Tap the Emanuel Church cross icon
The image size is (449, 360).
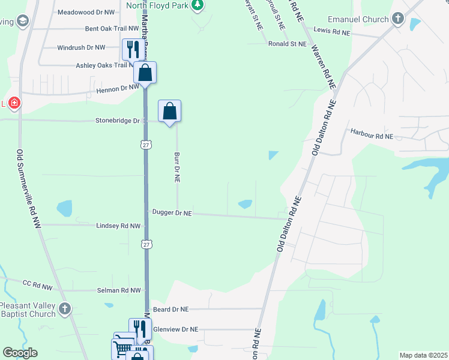point(397,19)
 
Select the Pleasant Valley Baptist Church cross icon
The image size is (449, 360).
point(65,310)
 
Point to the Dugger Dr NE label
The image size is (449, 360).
point(172,213)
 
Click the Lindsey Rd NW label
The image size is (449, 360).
point(118,226)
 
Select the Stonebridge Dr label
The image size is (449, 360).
point(118,121)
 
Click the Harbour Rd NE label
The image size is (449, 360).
point(372,136)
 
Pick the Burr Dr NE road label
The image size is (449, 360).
point(177,167)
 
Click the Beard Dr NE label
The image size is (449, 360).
point(171,309)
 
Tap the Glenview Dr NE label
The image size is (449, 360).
point(176,329)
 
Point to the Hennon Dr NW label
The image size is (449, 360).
point(117,88)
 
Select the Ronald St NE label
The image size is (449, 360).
point(288,44)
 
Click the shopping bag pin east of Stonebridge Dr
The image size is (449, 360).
point(169,111)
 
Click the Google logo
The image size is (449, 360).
point(20,353)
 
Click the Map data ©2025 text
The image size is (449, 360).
point(423,355)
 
